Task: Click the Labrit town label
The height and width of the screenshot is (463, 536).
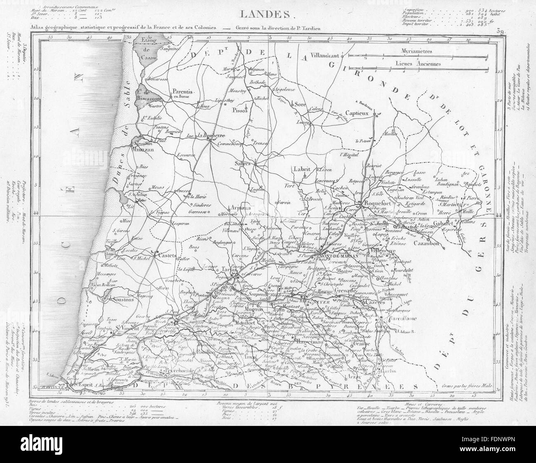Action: coord(302,168)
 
